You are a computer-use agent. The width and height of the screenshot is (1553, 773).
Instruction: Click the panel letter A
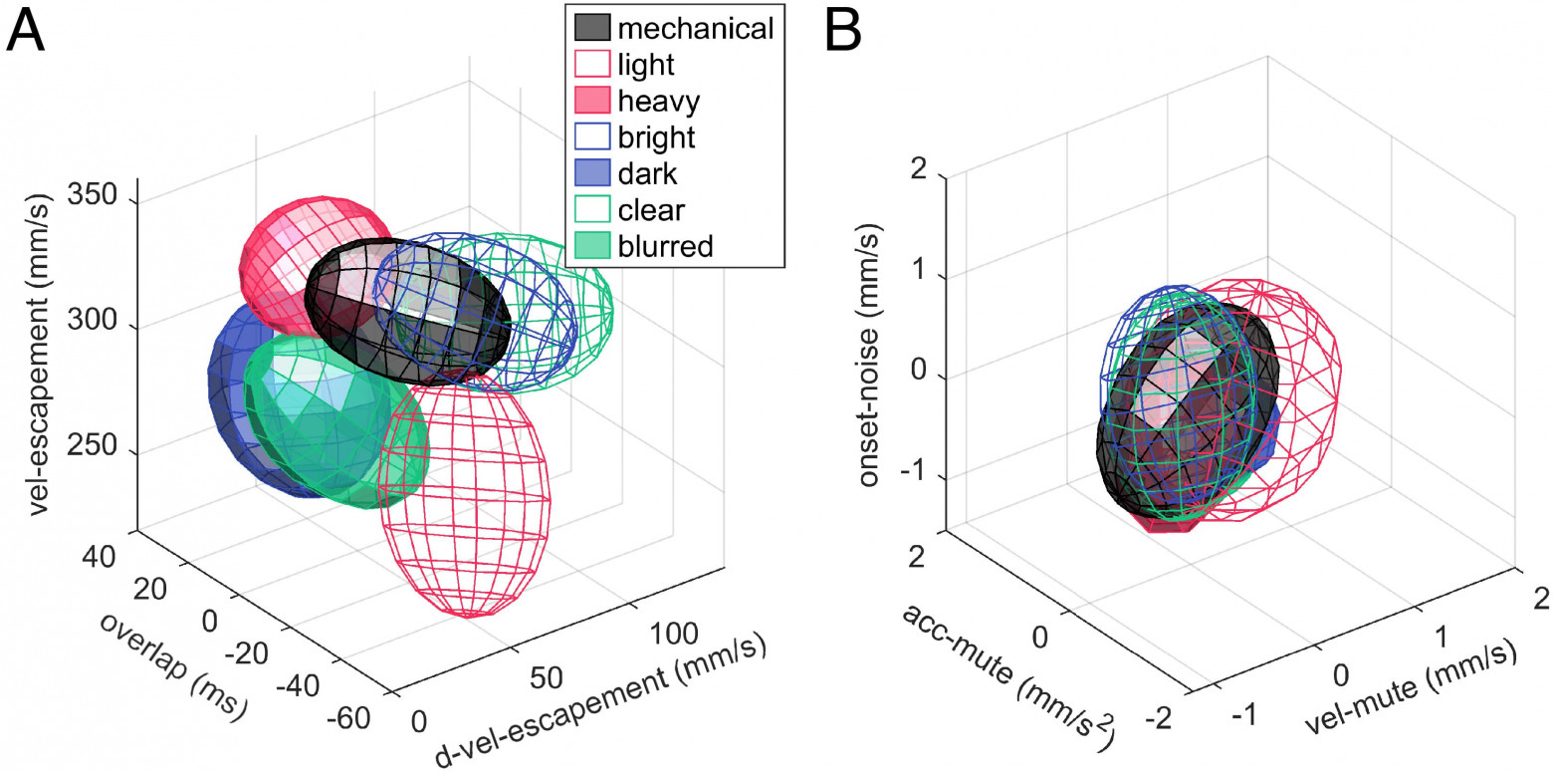pyautogui.click(x=25, y=31)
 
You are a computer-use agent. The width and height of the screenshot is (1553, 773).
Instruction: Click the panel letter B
pyautogui.click(x=843, y=31)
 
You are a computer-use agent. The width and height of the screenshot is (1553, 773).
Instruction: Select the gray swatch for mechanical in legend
pyautogui.click(x=592, y=28)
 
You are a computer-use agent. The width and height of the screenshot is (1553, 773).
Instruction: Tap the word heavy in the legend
pyautogui.click(x=659, y=102)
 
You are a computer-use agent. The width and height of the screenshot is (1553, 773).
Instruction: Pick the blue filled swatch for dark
pyautogui.click(x=592, y=172)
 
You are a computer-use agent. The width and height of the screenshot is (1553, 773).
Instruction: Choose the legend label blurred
pyautogui.click(x=665, y=246)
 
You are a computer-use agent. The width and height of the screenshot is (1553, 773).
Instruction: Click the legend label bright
pyautogui.click(x=656, y=138)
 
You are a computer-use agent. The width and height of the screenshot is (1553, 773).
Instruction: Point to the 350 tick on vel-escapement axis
pyautogui.click(x=93, y=195)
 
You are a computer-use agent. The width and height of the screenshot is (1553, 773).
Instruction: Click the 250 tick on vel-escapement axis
pyautogui.click(x=93, y=445)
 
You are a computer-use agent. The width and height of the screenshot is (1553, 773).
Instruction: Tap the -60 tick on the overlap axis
pyautogui.click(x=348, y=718)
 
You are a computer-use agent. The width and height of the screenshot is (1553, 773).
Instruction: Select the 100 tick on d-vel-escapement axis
pyautogui.click(x=673, y=634)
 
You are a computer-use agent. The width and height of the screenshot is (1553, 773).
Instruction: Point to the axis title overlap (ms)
pyautogui.click(x=173, y=666)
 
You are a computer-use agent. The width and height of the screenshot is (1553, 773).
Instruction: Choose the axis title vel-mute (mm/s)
pyautogui.click(x=1411, y=687)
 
